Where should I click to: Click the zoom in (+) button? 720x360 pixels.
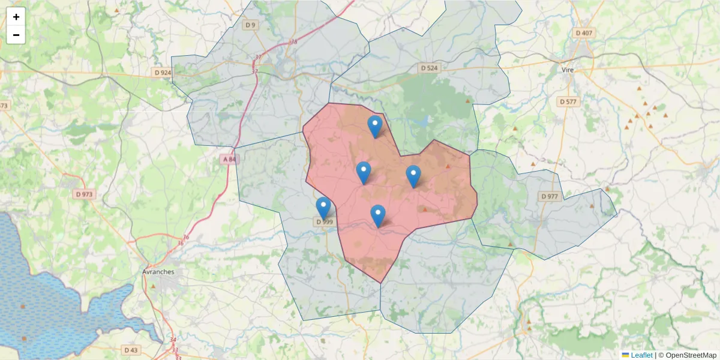tap(16, 17)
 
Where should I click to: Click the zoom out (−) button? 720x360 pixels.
tap(16, 35)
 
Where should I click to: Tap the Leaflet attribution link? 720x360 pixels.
tap(641, 355)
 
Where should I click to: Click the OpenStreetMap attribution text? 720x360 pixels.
tap(691, 355)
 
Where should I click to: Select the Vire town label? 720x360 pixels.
tap(568, 70)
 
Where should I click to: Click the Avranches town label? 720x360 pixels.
tap(158, 271)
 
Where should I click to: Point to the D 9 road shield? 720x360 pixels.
tap(250, 25)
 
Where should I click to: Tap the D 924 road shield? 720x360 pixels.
tap(163, 73)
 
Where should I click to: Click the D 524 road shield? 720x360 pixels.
tap(429, 68)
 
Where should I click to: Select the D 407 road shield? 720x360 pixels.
tap(584, 33)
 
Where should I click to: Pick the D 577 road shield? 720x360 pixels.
tap(568, 101)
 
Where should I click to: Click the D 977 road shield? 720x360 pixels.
tap(549, 196)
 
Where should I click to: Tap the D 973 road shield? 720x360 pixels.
tap(85, 194)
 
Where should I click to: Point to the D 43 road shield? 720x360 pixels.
tap(131, 349)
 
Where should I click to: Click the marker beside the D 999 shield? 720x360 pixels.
tap(323, 208)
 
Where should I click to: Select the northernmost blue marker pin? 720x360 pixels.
tap(375, 126)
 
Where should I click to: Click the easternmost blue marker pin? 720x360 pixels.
tap(413, 176)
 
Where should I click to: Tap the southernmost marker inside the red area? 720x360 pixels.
tap(377, 215)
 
